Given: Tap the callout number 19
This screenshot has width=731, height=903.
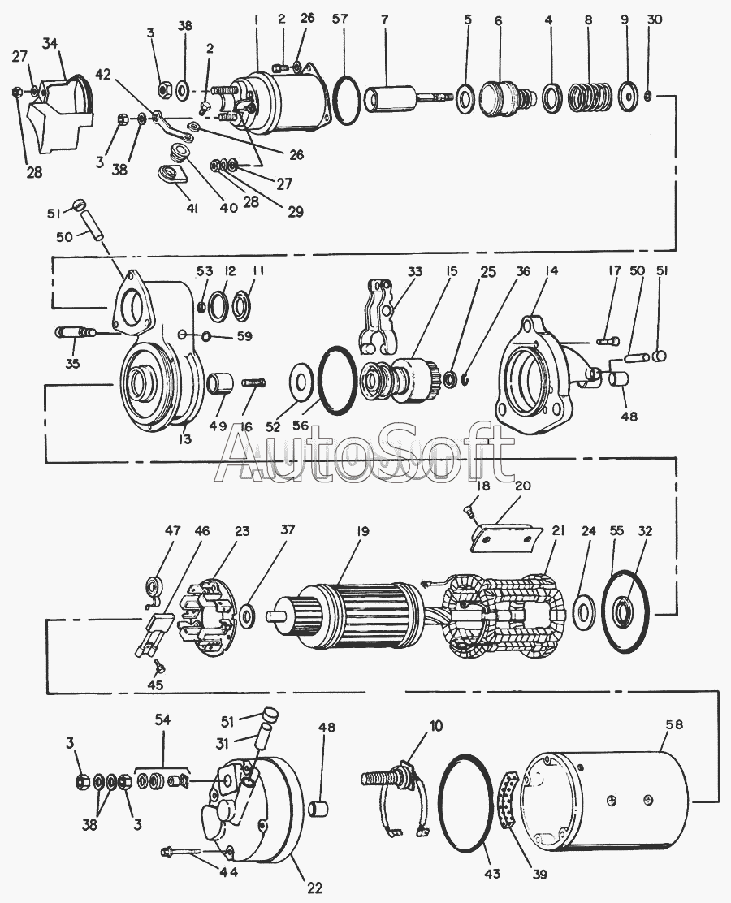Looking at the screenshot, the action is click(x=362, y=532).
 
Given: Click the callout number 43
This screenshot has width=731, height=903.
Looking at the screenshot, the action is click(x=492, y=874).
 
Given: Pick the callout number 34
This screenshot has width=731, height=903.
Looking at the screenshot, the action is click(x=50, y=42).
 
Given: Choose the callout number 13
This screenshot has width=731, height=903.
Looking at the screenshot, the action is click(x=185, y=439).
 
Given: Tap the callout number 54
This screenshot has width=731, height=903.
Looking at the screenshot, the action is click(x=162, y=720).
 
